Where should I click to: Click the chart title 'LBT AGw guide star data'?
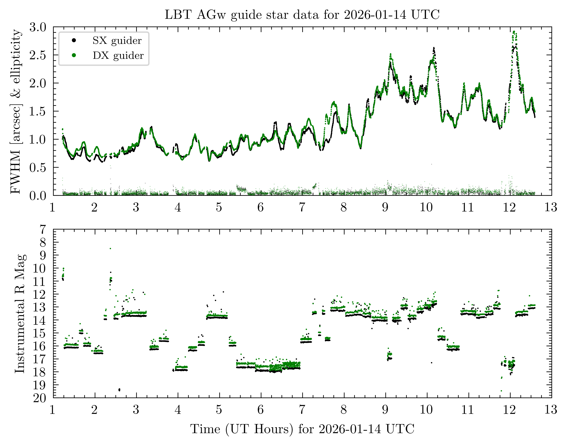click(302, 15)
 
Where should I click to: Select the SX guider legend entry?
click(117, 40)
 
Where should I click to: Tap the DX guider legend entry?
click(118, 56)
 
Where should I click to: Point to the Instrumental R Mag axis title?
click(20, 313)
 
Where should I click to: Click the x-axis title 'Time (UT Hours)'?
click(302, 429)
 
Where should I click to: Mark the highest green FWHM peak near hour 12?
click(514, 32)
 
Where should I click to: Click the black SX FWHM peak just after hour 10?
click(434, 48)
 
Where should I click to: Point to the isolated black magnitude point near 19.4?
click(119, 390)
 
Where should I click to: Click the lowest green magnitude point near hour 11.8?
click(501, 391)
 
